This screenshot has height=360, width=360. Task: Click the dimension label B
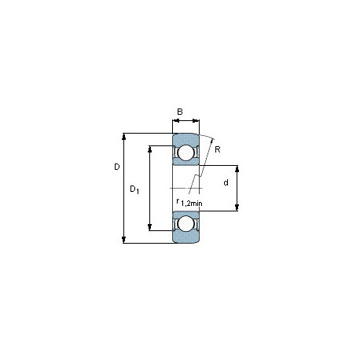pyautogui.click(x=180, y=112)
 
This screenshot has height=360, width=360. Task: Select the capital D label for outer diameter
pyautogui.click(x=117, y=167)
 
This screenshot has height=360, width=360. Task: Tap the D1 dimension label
pyautogui.click(x=134, y=189)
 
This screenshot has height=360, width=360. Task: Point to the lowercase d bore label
pyautogui.click(x=226, y=182)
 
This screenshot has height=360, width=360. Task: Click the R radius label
pyautogui.click(x=218, y=149)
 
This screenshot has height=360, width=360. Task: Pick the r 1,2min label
pyautogui.click(x=189, y=203)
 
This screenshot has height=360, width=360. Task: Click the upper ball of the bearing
pyautogui.click(x=186, y=152)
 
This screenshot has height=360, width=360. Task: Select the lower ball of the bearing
pyautogui.click(x=186, y=224)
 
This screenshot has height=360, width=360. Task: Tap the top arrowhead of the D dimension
pyautogui.click(x=124, y=136)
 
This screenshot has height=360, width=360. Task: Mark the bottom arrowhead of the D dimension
pyautogui.click(x=124, y=240)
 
